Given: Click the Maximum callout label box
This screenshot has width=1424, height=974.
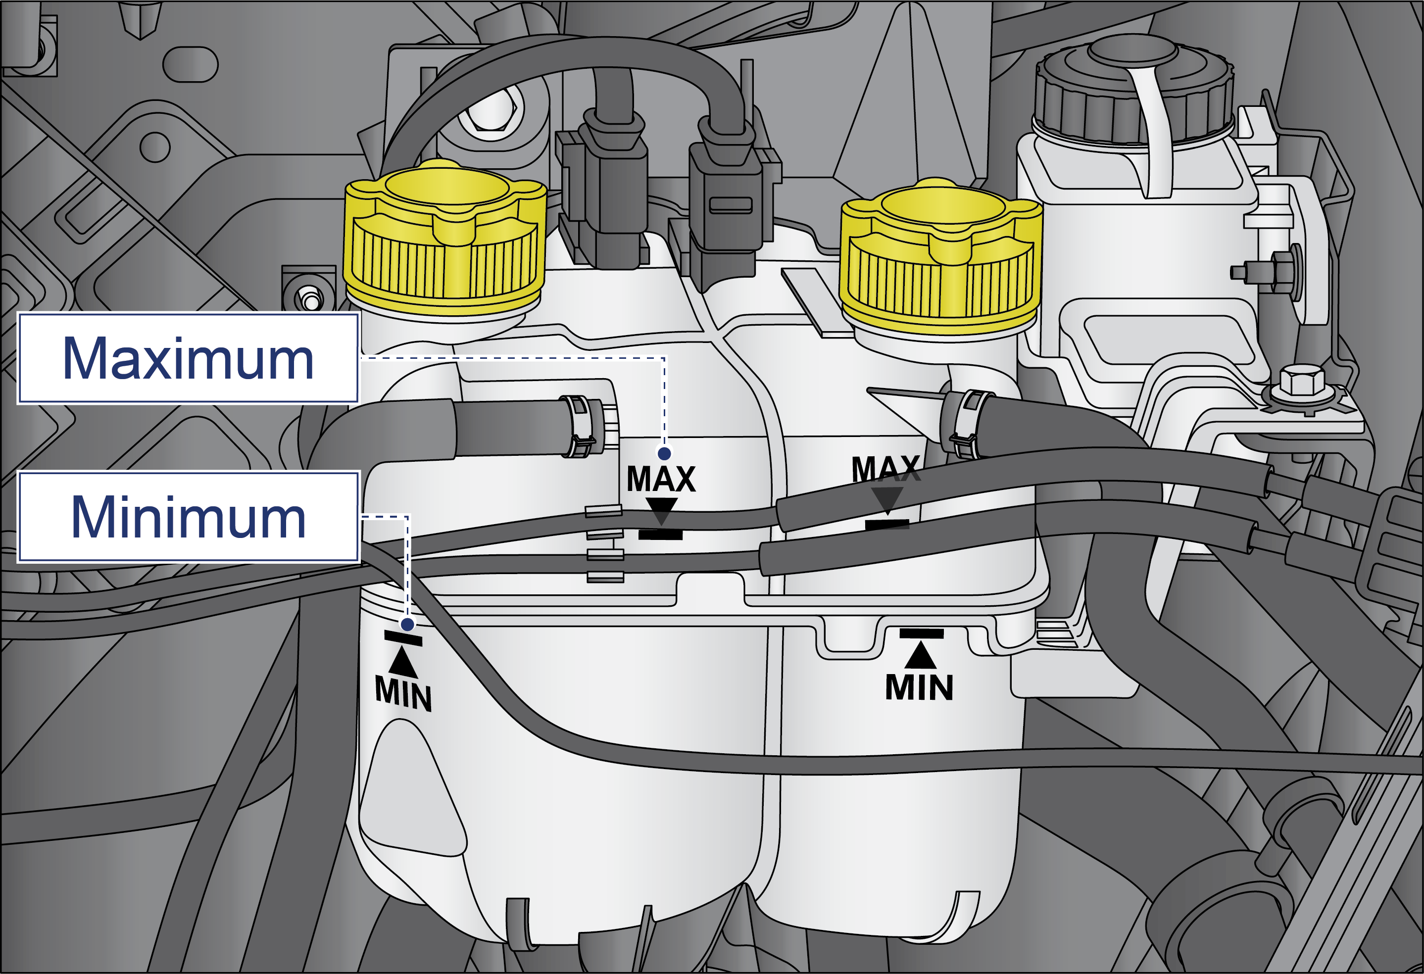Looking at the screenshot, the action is point(188,358).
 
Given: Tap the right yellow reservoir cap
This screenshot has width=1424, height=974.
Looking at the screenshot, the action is point(941,257).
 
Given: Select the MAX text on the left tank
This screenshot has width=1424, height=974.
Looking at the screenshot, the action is point(661,479).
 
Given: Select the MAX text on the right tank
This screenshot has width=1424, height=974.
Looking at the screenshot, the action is point(886,469).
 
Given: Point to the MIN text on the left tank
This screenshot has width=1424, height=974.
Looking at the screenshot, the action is point(403,693).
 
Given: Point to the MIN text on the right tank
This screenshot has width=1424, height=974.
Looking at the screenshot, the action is point(919,687).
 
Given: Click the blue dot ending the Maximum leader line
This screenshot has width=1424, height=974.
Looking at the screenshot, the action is point(664,453).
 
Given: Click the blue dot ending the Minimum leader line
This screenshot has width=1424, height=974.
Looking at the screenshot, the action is point(407,624).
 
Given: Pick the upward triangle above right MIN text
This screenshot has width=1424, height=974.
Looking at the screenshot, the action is point(920,654).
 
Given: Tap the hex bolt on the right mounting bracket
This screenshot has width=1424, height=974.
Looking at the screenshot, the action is point(1301,382).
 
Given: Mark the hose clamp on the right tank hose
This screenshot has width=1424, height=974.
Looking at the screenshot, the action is point(967,425).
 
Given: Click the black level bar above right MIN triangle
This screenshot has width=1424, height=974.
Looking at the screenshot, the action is point(922,633).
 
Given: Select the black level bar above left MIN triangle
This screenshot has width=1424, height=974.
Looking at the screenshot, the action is point(403,638).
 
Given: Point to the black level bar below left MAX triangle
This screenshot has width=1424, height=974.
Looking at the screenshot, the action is point(661,535).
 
